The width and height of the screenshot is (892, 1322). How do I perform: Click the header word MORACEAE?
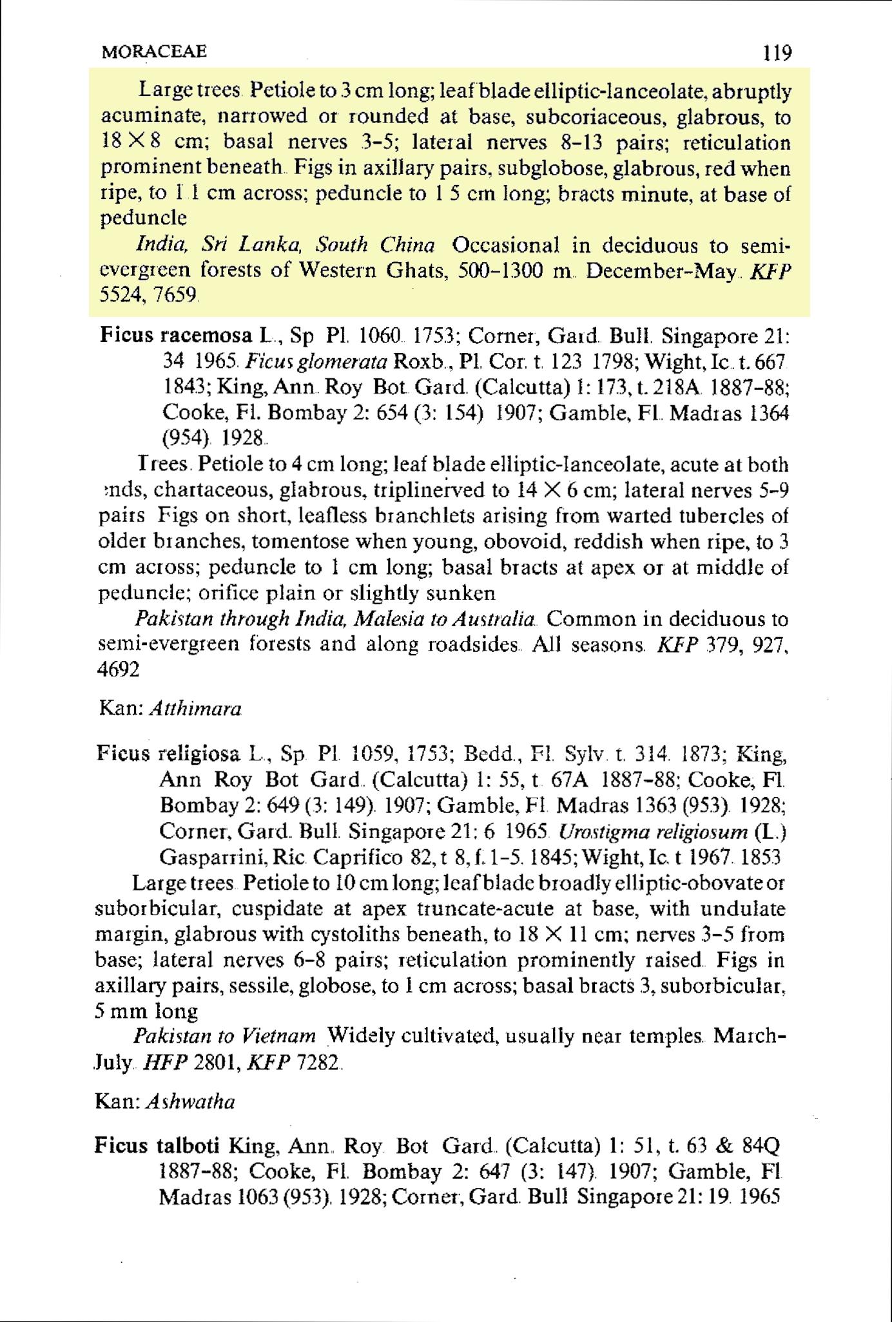pos(153,51)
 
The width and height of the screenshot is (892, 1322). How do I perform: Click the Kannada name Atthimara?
pos(195,709)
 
